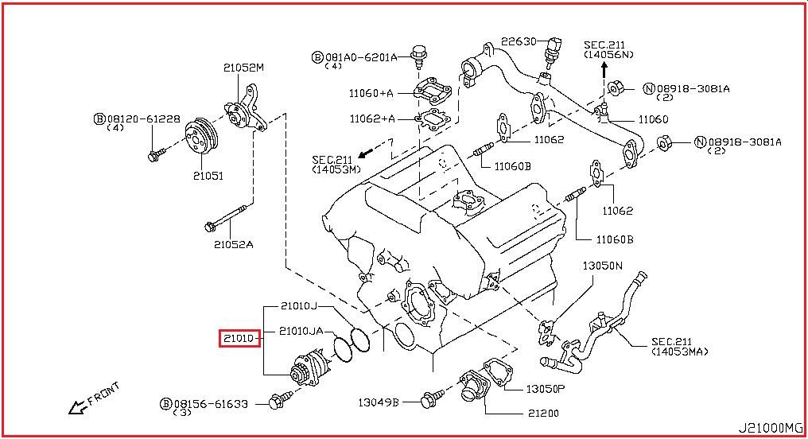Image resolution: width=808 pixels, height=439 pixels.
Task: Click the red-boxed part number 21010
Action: (238, 338)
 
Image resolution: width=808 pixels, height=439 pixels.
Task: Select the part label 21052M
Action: (243, 68)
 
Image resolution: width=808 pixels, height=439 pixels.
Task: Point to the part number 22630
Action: (520, 41)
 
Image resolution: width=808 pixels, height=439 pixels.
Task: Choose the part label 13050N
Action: (602, 265)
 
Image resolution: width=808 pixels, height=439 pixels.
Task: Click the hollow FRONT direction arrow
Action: (77, 407)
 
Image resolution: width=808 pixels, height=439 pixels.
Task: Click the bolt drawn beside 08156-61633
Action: (278, 401)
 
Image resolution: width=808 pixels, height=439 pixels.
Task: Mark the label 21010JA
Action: (301, 331)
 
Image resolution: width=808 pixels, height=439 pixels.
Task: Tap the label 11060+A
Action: (371, 93)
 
